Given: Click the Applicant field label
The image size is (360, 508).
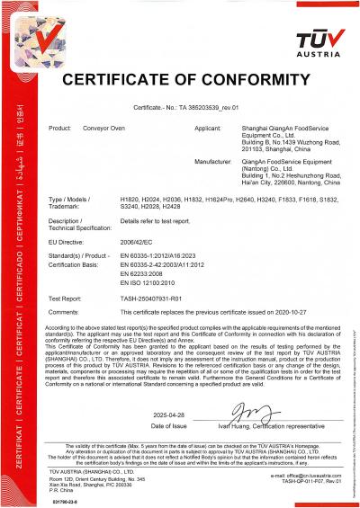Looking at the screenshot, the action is click(x=209, y=129).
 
